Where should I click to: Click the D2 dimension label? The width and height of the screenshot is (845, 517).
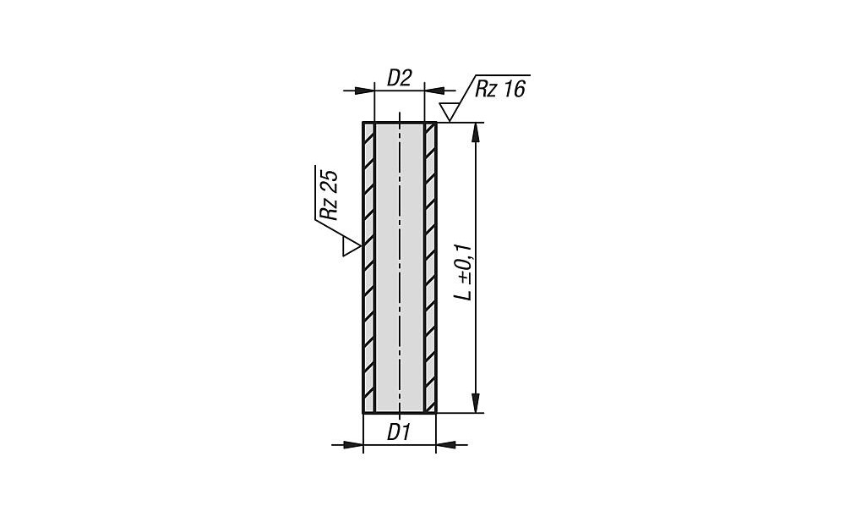[x=400, y=79]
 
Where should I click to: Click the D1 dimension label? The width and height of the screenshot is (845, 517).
[x=399, y=432]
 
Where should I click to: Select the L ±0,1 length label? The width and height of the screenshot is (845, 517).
[x=463, y=272]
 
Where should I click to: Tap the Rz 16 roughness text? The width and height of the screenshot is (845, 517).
[x=499, y=89]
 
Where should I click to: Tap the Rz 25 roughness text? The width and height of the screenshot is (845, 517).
[x=329, y=195]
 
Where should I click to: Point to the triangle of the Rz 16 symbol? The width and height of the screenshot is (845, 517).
[x=449, y=112]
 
